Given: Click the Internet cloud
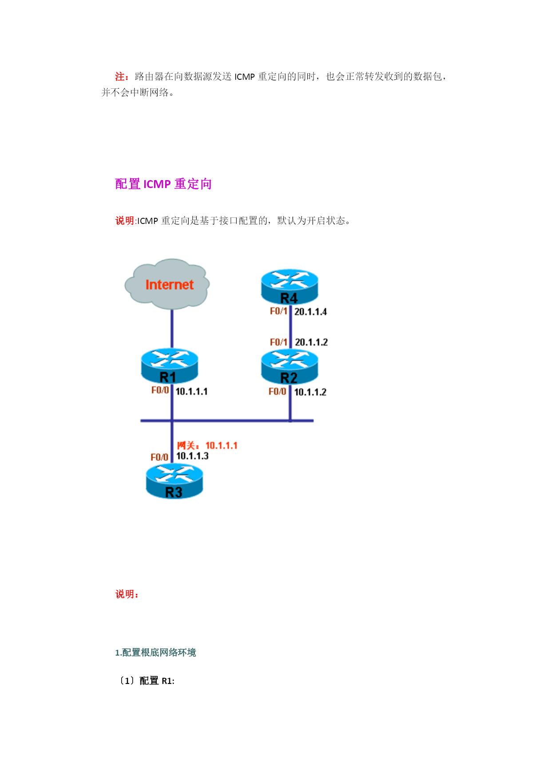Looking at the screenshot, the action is click(167, 284).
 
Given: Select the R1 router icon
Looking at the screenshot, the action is click(170, 366).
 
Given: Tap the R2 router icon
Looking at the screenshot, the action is click(289, 367).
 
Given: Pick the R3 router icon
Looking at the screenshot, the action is click(174, 481).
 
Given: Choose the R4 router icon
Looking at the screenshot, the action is click(289, 287).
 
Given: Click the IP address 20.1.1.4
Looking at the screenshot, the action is click(311, 312).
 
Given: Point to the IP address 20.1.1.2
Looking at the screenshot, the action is click(311, 342).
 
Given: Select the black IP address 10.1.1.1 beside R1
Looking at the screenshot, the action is click(192, 392).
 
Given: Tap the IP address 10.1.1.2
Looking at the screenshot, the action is click(310, 392).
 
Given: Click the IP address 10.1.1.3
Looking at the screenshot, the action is click(192, 456).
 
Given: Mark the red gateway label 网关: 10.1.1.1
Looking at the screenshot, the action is click(207, 445).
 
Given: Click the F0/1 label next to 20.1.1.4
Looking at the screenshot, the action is click(279, 311).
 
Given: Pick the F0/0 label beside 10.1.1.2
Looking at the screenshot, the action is click(277, 392).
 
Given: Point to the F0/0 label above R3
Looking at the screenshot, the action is click(159, 457).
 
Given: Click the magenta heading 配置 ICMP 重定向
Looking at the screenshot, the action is click(163, 184).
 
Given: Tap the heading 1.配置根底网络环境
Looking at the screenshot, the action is click(155, 652).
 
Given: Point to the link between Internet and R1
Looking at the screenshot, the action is click(172, 329).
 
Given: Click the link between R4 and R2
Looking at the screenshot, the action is click(291, 327).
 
